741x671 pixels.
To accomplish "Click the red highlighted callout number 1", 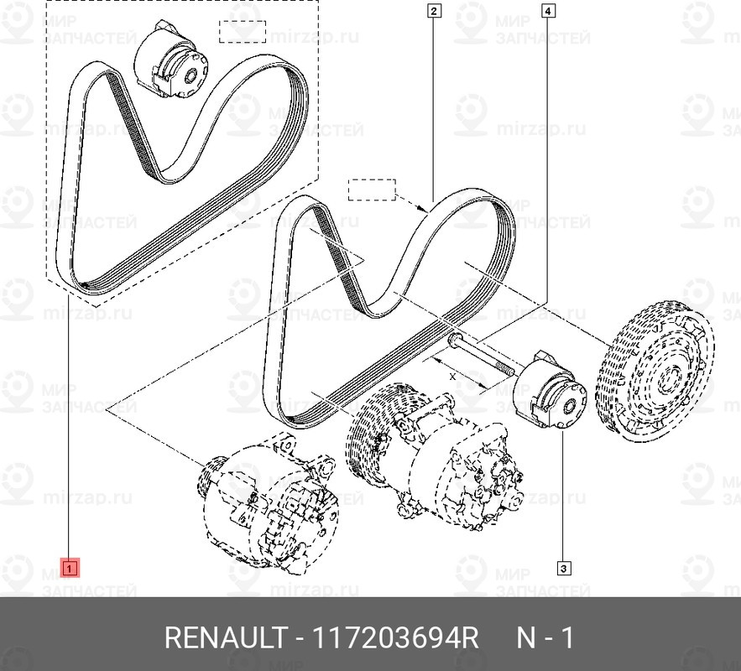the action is point(70,568).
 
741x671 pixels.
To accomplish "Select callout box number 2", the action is point(434,10).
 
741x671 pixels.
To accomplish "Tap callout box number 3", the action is point(563,569).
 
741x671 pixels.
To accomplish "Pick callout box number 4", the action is point(547,10).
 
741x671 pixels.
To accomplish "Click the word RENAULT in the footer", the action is point(227,638).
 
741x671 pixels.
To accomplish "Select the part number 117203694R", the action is point(395,638).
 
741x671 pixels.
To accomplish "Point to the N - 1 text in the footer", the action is point(545,638).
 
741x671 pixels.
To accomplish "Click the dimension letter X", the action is point(452,377).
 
